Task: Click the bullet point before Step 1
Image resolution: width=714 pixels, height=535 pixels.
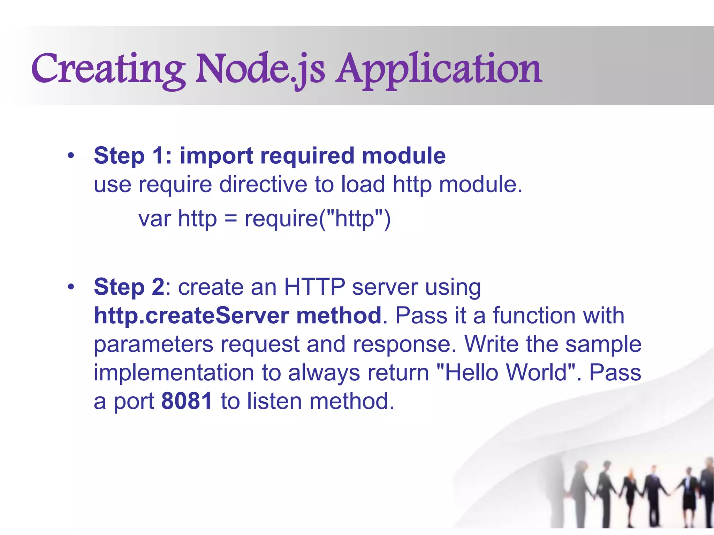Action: pyautogui.click(x=71, y=156)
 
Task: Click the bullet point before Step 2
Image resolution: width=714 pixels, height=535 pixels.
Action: pyautogui.click(x=71, y=287)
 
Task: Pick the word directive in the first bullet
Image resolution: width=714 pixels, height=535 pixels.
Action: pyautogui.click(x=263, y=184)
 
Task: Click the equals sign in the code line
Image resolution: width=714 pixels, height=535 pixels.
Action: pyautogui.click(x=230, y=219)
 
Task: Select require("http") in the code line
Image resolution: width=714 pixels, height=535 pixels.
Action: pyautogui.click(x=318, y=219)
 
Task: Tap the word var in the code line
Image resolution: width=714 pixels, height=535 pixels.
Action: pyautogui.click(x=154, y=219)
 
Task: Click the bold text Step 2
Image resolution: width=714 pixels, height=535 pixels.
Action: pyautogui.click(x=129, y=287)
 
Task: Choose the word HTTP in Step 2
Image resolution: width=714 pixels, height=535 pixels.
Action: pyautogui.click(x=314, y=287)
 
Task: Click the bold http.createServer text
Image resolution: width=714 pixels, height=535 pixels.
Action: pyautogui.click(x=191, y=316)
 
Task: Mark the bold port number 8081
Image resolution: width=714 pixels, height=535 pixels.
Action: pyautogui.click(x=187, y=401)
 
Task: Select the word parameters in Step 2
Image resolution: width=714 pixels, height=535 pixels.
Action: pyautogui.click(x=153, y=344)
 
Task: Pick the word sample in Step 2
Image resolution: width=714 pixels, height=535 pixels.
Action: pyautogui.click(x=603, y=344)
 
